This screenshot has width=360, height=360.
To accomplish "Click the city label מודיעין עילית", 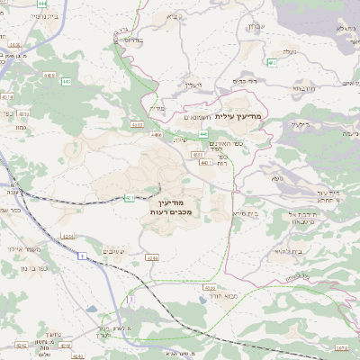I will tap(244, 115).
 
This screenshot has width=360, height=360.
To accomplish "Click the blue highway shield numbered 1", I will tap(82, 257).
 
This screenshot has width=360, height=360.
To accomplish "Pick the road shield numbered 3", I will tap(130, 298).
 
